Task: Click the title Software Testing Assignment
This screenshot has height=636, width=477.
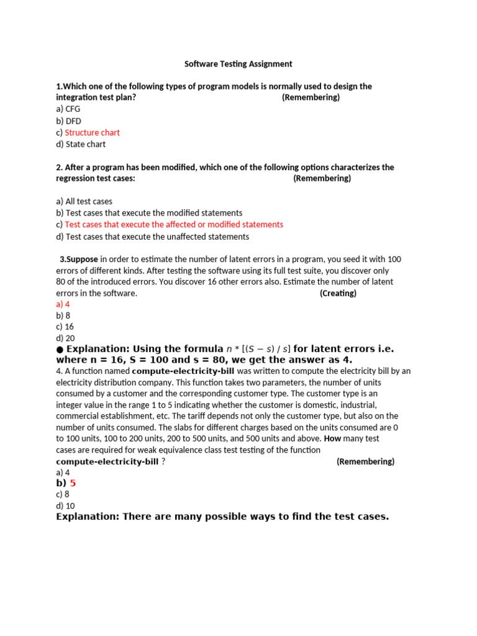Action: (238, 63)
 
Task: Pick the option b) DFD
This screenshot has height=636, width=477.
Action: (68, 120)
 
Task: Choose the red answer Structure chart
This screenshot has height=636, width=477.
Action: (92, 132)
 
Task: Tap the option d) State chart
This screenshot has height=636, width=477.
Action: (81, 144)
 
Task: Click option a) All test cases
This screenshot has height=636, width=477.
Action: (84, 201)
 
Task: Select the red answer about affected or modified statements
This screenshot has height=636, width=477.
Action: (174, 224)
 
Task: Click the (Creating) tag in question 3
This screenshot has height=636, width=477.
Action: (338, 293)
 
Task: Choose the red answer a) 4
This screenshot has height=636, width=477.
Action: (63, 304)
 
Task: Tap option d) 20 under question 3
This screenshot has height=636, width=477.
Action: (65, 338)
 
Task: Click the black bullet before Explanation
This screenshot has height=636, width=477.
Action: (60, 349)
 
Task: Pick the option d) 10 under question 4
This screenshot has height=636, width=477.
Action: (65, 506)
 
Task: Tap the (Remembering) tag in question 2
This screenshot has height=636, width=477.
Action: (322, 178)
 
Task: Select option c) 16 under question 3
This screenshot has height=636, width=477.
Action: (65, 327)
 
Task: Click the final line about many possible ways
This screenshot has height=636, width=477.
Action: (222, 517)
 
